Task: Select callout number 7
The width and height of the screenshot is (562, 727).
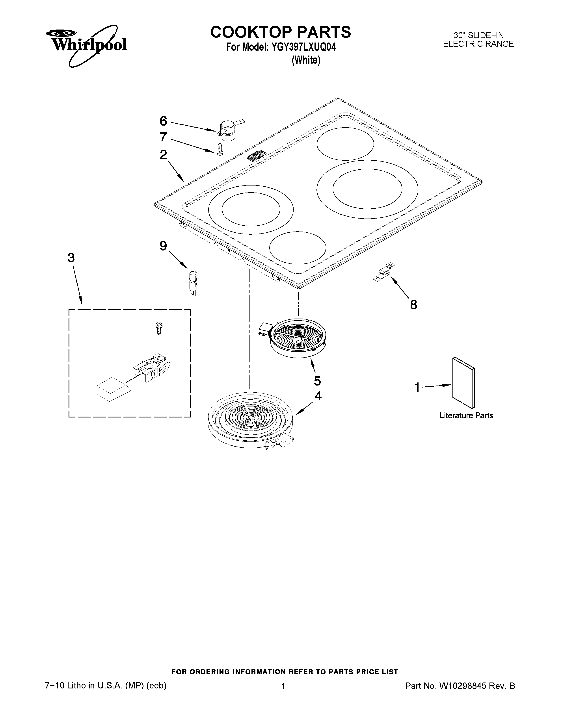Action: (163, 137)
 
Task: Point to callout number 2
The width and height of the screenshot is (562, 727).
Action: (163, 154)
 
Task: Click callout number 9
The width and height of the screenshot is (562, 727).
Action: (163, 246)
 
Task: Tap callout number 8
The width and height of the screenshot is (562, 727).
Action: (413, 304)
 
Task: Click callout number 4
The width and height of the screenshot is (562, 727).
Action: (318, 396)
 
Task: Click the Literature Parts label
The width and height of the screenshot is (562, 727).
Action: (466, 415)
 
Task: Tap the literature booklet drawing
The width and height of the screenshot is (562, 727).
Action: (463, 382)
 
